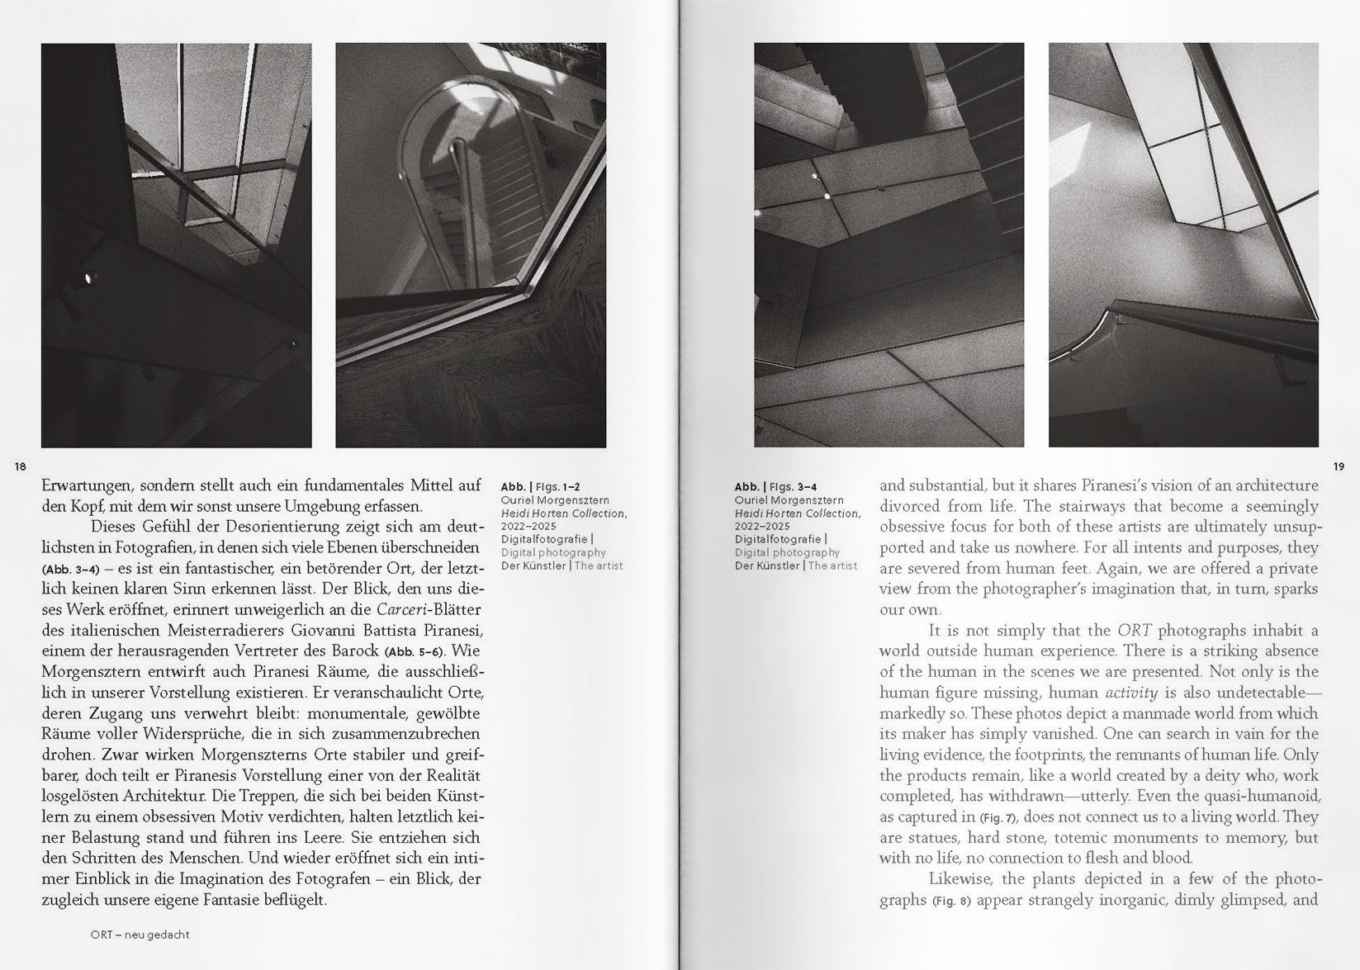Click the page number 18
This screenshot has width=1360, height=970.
point(21,467)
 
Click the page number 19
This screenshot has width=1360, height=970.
point(1339,467)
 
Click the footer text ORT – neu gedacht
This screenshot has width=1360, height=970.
point(140,935)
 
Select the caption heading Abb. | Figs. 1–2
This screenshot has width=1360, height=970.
point(546,487)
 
